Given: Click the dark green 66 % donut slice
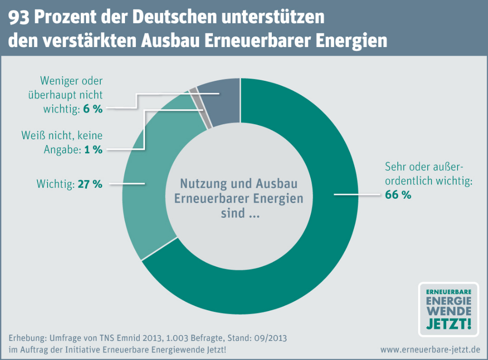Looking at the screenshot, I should point(304,266).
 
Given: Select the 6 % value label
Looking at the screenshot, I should point(93,108).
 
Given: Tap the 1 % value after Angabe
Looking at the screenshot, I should point(93,149).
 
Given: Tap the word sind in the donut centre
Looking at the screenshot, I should point(230,214).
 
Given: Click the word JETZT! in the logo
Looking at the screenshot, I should point(449,324).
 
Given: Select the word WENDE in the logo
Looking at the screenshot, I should point(449,311).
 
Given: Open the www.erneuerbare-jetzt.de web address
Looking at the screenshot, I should point(431,350).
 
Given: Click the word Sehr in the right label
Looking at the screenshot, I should point(394,167).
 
